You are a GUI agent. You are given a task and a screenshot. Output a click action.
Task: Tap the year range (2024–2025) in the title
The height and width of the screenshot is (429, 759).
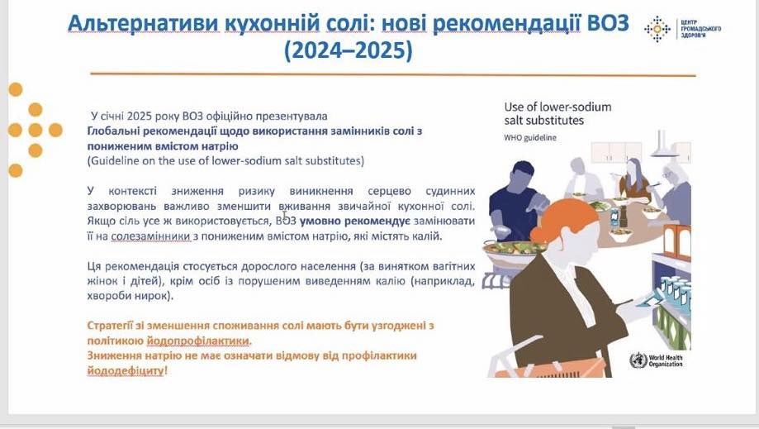348,50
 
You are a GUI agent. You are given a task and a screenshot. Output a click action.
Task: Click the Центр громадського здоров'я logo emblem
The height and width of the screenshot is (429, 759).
657,29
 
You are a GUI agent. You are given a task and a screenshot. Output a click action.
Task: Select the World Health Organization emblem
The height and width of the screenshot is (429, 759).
638,360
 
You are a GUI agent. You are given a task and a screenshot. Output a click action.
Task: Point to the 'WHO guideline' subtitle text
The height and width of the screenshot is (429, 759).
530,137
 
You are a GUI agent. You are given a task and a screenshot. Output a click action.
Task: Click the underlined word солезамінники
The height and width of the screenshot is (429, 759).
150,236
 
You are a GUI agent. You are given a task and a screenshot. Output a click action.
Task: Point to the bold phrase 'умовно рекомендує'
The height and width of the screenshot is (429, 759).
355,222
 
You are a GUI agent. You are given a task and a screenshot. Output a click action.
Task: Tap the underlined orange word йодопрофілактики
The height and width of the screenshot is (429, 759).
198,341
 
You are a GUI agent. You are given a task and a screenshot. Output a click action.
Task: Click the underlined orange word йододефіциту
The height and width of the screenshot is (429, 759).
126,371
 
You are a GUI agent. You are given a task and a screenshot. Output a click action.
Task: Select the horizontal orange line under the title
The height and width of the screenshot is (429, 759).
393,74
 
